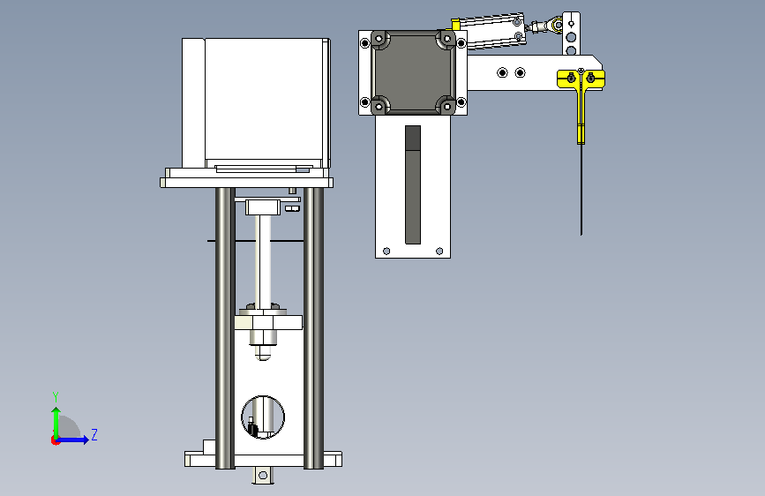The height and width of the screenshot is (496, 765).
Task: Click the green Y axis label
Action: click(x=56, y=397)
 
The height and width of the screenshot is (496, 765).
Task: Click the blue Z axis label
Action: click(x=94, y=434)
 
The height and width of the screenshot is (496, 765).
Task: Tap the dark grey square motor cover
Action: click(x=413, y=72)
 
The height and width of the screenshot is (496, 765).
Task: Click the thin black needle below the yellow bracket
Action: click(x=581, y=190)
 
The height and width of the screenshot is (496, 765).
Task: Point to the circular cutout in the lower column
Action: click(x=263, y=417)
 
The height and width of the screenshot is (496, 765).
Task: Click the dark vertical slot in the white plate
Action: click(x=413, y=184)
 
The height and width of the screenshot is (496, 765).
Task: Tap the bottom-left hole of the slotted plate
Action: click(x=386, y=251)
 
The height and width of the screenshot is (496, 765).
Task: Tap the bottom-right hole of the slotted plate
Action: click(x=439, y=251)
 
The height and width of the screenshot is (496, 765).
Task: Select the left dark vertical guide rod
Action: click(x=225, y=328)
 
